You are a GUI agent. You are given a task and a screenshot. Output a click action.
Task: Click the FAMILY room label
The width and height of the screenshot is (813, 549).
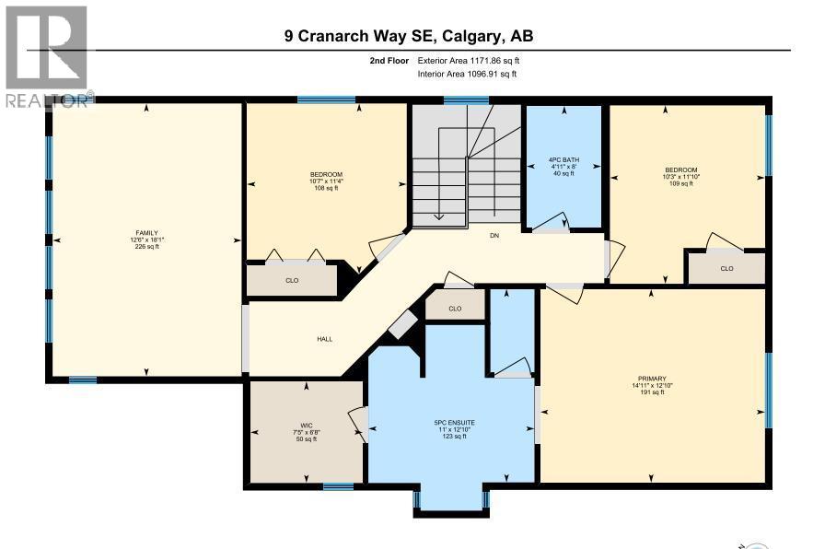[146, 232]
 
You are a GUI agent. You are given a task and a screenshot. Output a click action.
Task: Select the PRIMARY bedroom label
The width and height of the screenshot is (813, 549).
[651, 378]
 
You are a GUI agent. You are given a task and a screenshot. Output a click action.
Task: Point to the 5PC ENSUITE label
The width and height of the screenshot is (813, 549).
[452, 424]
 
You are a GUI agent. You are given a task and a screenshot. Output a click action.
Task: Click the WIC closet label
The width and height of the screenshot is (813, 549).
[294, 426]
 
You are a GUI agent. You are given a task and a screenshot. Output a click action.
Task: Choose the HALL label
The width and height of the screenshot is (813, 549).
[324, 339]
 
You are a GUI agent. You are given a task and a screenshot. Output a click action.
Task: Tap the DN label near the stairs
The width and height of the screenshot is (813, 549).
[494, 236]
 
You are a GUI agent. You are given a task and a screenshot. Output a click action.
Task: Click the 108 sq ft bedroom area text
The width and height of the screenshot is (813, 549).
[327, 189]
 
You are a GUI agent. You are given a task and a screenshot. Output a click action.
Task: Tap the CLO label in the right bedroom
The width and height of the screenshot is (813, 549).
[726, 269]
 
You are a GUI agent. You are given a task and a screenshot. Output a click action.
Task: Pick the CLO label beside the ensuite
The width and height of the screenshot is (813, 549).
[455, 309]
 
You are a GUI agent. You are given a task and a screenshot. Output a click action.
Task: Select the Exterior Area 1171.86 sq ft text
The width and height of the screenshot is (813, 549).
[474, 60]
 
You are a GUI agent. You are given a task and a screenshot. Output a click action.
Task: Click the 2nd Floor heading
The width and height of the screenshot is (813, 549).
[389, 60]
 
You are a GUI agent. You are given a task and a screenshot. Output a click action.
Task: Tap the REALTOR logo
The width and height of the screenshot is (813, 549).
[45, 55]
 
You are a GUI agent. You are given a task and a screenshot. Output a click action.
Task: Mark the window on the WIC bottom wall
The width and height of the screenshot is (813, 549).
[338, 486]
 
